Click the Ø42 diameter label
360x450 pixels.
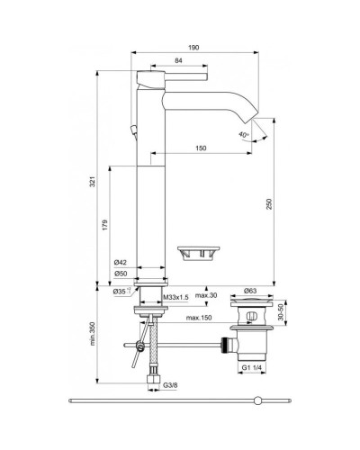(x=120, y=262)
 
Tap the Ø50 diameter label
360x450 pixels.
(x=120, y=273)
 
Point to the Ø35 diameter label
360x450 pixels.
(x=118, y=292)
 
